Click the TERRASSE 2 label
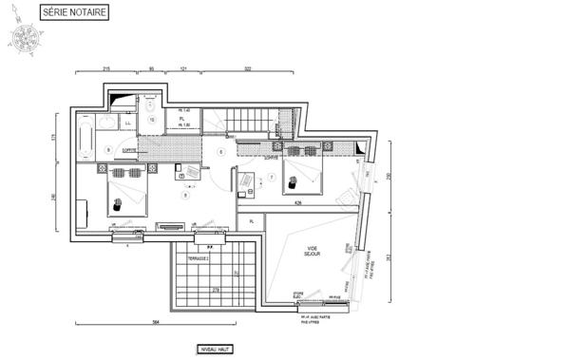[x=197, y=258]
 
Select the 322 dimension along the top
[x=248, y=69]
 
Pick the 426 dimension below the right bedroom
[x=297, y=202]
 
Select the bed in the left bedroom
[x=125, y=191]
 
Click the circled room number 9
[x=108, y=150]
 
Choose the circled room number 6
[x=220, y=151]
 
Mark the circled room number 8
[x=186, y=194]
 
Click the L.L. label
[x=127, y=122]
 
